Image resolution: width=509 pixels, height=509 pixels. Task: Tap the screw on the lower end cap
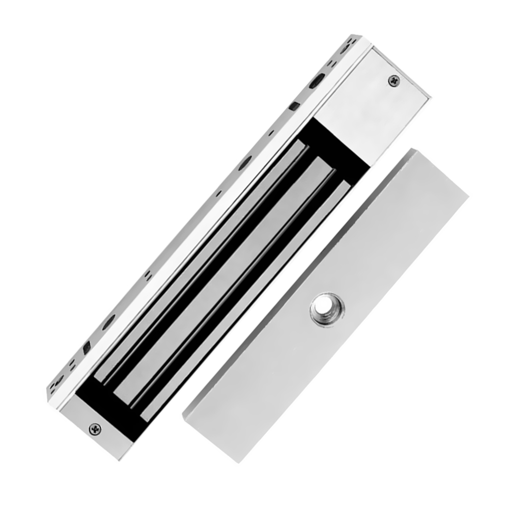95,429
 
